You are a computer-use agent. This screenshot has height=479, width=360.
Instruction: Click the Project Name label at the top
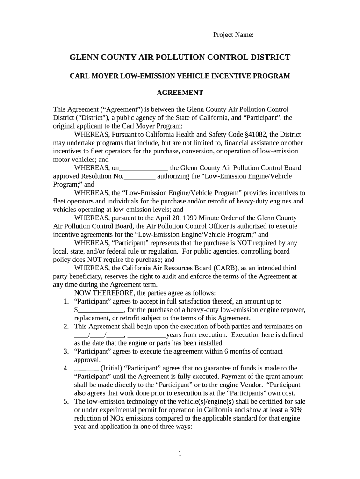233,35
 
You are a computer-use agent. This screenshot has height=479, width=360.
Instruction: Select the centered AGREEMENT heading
180,93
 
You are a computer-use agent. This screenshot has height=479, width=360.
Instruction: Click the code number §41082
254,134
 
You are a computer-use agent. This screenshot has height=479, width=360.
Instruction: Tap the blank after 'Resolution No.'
139,176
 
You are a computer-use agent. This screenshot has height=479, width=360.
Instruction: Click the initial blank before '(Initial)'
86,368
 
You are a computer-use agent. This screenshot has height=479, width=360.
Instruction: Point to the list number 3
66,351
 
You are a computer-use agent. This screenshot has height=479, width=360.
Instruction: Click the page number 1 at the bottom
180,453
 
